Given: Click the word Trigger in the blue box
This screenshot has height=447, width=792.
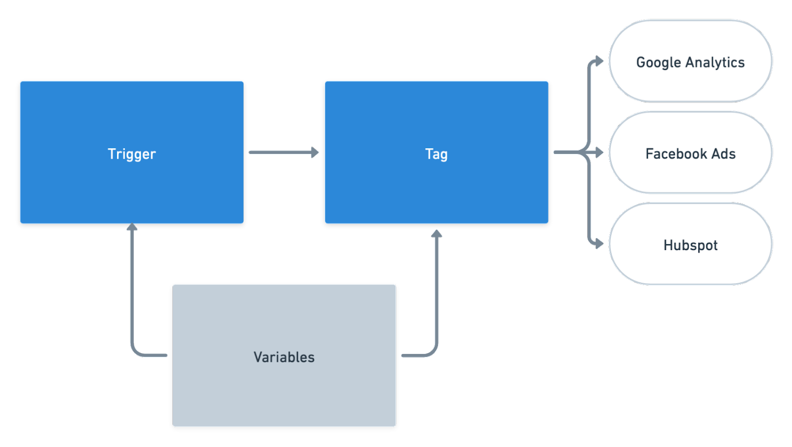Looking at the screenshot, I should click(132, 154).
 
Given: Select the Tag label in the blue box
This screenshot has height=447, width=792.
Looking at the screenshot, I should click(436, 154).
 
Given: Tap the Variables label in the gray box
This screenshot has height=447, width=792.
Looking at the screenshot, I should click(284, 357).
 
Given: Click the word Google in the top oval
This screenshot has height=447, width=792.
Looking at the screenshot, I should click(658, 63).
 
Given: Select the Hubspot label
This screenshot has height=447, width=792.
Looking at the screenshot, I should click(690, 245).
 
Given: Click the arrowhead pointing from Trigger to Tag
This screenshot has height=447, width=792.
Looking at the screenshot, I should click(315, 152).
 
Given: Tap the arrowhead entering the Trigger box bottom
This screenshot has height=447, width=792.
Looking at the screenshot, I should click(132, 227).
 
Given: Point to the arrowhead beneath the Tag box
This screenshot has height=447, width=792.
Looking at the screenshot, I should click(437, 233).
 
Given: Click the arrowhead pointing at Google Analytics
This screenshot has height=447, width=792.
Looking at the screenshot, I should click(599, 61).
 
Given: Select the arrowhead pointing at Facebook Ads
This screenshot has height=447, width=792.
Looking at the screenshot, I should click(599, 152).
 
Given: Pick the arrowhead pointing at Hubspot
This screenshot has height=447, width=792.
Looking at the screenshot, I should click(599, 243).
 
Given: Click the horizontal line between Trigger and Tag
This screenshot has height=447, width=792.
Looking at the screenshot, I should click(280, 152).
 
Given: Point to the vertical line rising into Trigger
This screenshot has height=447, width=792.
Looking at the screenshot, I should click(132, 287).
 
